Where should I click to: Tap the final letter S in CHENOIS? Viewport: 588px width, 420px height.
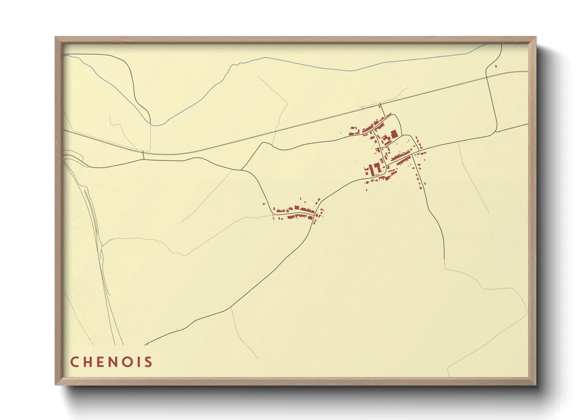[149, 362]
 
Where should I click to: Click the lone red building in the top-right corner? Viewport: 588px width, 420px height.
[496, 66]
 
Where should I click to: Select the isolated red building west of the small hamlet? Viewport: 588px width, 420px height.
[263, 204]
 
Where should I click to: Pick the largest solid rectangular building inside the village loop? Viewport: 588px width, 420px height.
[394, 134]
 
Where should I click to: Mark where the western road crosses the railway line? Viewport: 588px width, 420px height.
[143, 151]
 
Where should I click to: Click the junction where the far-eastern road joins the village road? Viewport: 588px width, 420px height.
[496, 131]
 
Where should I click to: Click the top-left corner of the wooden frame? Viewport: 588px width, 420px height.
[56, 37]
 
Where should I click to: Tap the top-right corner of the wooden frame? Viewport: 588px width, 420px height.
[536, 37]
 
